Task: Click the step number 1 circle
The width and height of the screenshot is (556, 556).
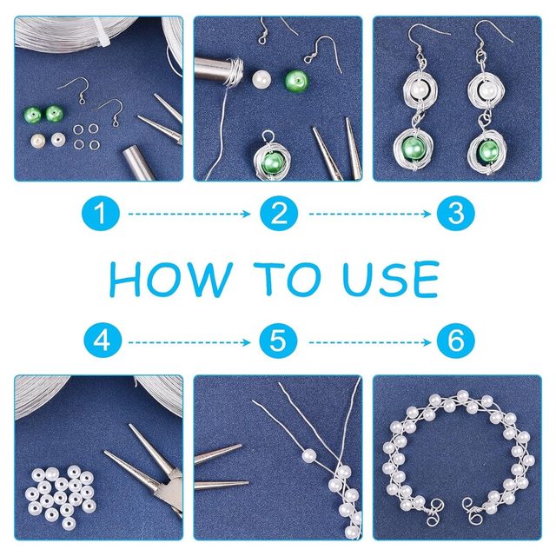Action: (101, 214)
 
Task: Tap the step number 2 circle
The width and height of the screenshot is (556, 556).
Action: (279, 214)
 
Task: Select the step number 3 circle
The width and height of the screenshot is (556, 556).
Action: (456, 214)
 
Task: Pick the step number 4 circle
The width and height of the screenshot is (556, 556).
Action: (103, 341)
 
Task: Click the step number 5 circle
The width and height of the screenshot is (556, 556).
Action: (278, 341)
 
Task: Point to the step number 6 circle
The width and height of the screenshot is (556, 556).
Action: (456, 341)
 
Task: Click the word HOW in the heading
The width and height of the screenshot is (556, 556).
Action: (171, 279)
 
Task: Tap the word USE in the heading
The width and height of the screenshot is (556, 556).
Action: (392, 279)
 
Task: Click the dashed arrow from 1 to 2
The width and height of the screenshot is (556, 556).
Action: (189, 214)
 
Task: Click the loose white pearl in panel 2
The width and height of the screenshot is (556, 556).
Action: (261, 79)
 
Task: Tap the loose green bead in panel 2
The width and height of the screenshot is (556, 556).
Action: (296, 81)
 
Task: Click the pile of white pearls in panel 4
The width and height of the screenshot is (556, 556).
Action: (60, 495)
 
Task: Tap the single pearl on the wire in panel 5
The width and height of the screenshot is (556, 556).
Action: (309, 455)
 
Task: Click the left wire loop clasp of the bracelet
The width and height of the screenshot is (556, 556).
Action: (434, 512)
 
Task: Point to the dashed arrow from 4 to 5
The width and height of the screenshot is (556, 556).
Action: (189, 342)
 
